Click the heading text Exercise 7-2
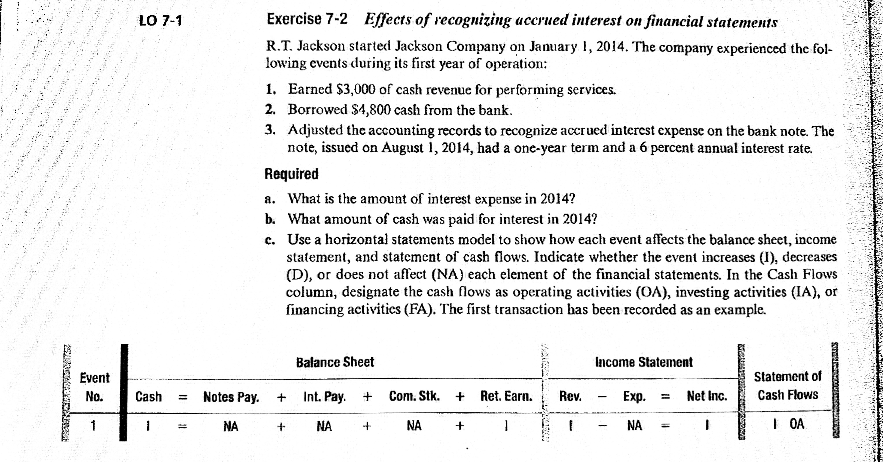(x=307, y=19)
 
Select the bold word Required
(x=291, y=174)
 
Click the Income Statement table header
(x=644, y=362)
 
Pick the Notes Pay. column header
(x=231, y=397)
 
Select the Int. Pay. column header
(x=324, y=397)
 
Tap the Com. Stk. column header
(x=414, y=396)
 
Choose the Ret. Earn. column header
(x=506, y=396)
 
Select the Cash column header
(x=148, y=397)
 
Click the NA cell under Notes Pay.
(x=231, y=426)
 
